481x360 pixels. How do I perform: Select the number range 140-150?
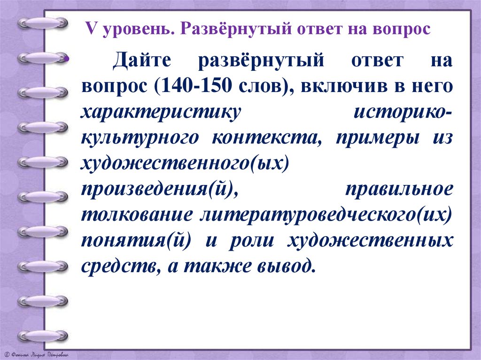pyautogui.click(x=196, y=85)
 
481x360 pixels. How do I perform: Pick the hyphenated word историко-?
pyautogui.click(x=403, y=113)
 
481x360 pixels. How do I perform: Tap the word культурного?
pyautogui.click(x=140, y=138)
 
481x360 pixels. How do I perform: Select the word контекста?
pyautogui.click(x=266, y=138)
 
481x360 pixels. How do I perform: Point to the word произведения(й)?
pyautogui.click(x=160, y=190)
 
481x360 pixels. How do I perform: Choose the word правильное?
pyautogui.click(x=399, y=189)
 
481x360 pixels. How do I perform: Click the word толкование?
pyautogui.click(x=137, y=215)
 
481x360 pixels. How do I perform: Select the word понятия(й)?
pyautogui.click(x=136, y=240)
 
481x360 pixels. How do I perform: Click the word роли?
pyautogui.click(x=251, y=241)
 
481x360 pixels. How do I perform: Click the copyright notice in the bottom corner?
pyautogui.click(x=36, y=354)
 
